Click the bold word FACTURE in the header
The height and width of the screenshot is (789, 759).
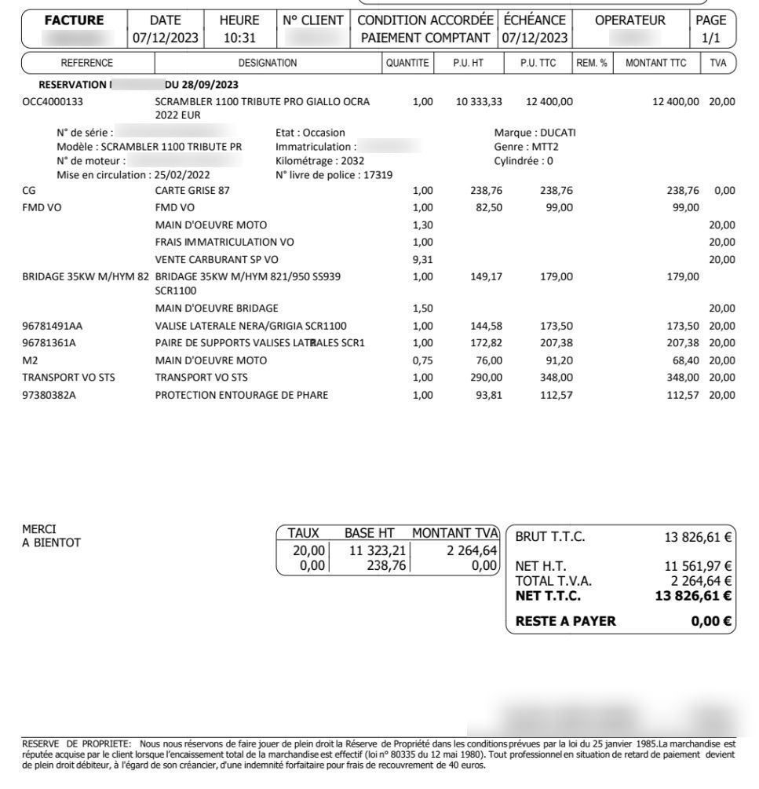tap(75, 20)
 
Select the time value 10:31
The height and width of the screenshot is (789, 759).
tap(242, 38)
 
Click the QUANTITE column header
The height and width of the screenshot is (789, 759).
tap(407, 63)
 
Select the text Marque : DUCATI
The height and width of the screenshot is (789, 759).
tap(535, 133)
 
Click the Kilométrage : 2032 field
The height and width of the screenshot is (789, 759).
tap(319, 161)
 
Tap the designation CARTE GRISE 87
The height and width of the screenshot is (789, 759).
tap(192, 190)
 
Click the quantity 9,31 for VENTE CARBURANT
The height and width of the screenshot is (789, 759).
tap(422, 260)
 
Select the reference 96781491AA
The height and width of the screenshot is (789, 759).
tap(52, 326)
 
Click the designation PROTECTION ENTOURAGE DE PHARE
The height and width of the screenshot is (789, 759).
tap(241, 395)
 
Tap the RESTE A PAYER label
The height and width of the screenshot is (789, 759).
tap(565, 622)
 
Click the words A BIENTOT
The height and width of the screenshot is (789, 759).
tap(51, 542)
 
